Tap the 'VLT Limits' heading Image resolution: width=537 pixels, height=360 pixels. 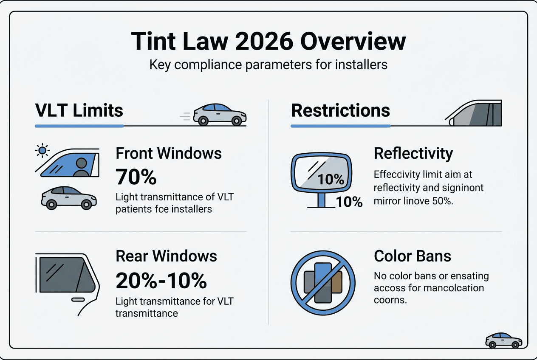coord(79,110)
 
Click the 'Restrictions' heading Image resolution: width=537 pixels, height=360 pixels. coord(340,110)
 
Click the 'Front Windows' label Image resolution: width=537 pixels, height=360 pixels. coord(169,153)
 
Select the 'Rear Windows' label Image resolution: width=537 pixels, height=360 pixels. coord(166,256)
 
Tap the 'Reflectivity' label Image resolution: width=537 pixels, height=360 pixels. coord(413,153)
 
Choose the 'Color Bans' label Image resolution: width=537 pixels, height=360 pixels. coord(413,256)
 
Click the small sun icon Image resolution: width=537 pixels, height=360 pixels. coord(42,150)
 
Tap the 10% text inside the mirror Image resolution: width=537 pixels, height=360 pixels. coord(331,179)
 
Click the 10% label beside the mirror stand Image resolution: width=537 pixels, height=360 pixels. coord(349,202)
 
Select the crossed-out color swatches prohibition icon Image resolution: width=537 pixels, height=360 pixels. coord(323,282)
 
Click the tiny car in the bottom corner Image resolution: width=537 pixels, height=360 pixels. coord(504,340)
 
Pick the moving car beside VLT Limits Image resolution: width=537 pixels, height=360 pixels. coord(219,114)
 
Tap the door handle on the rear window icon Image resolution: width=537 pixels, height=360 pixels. coord(79,300)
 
